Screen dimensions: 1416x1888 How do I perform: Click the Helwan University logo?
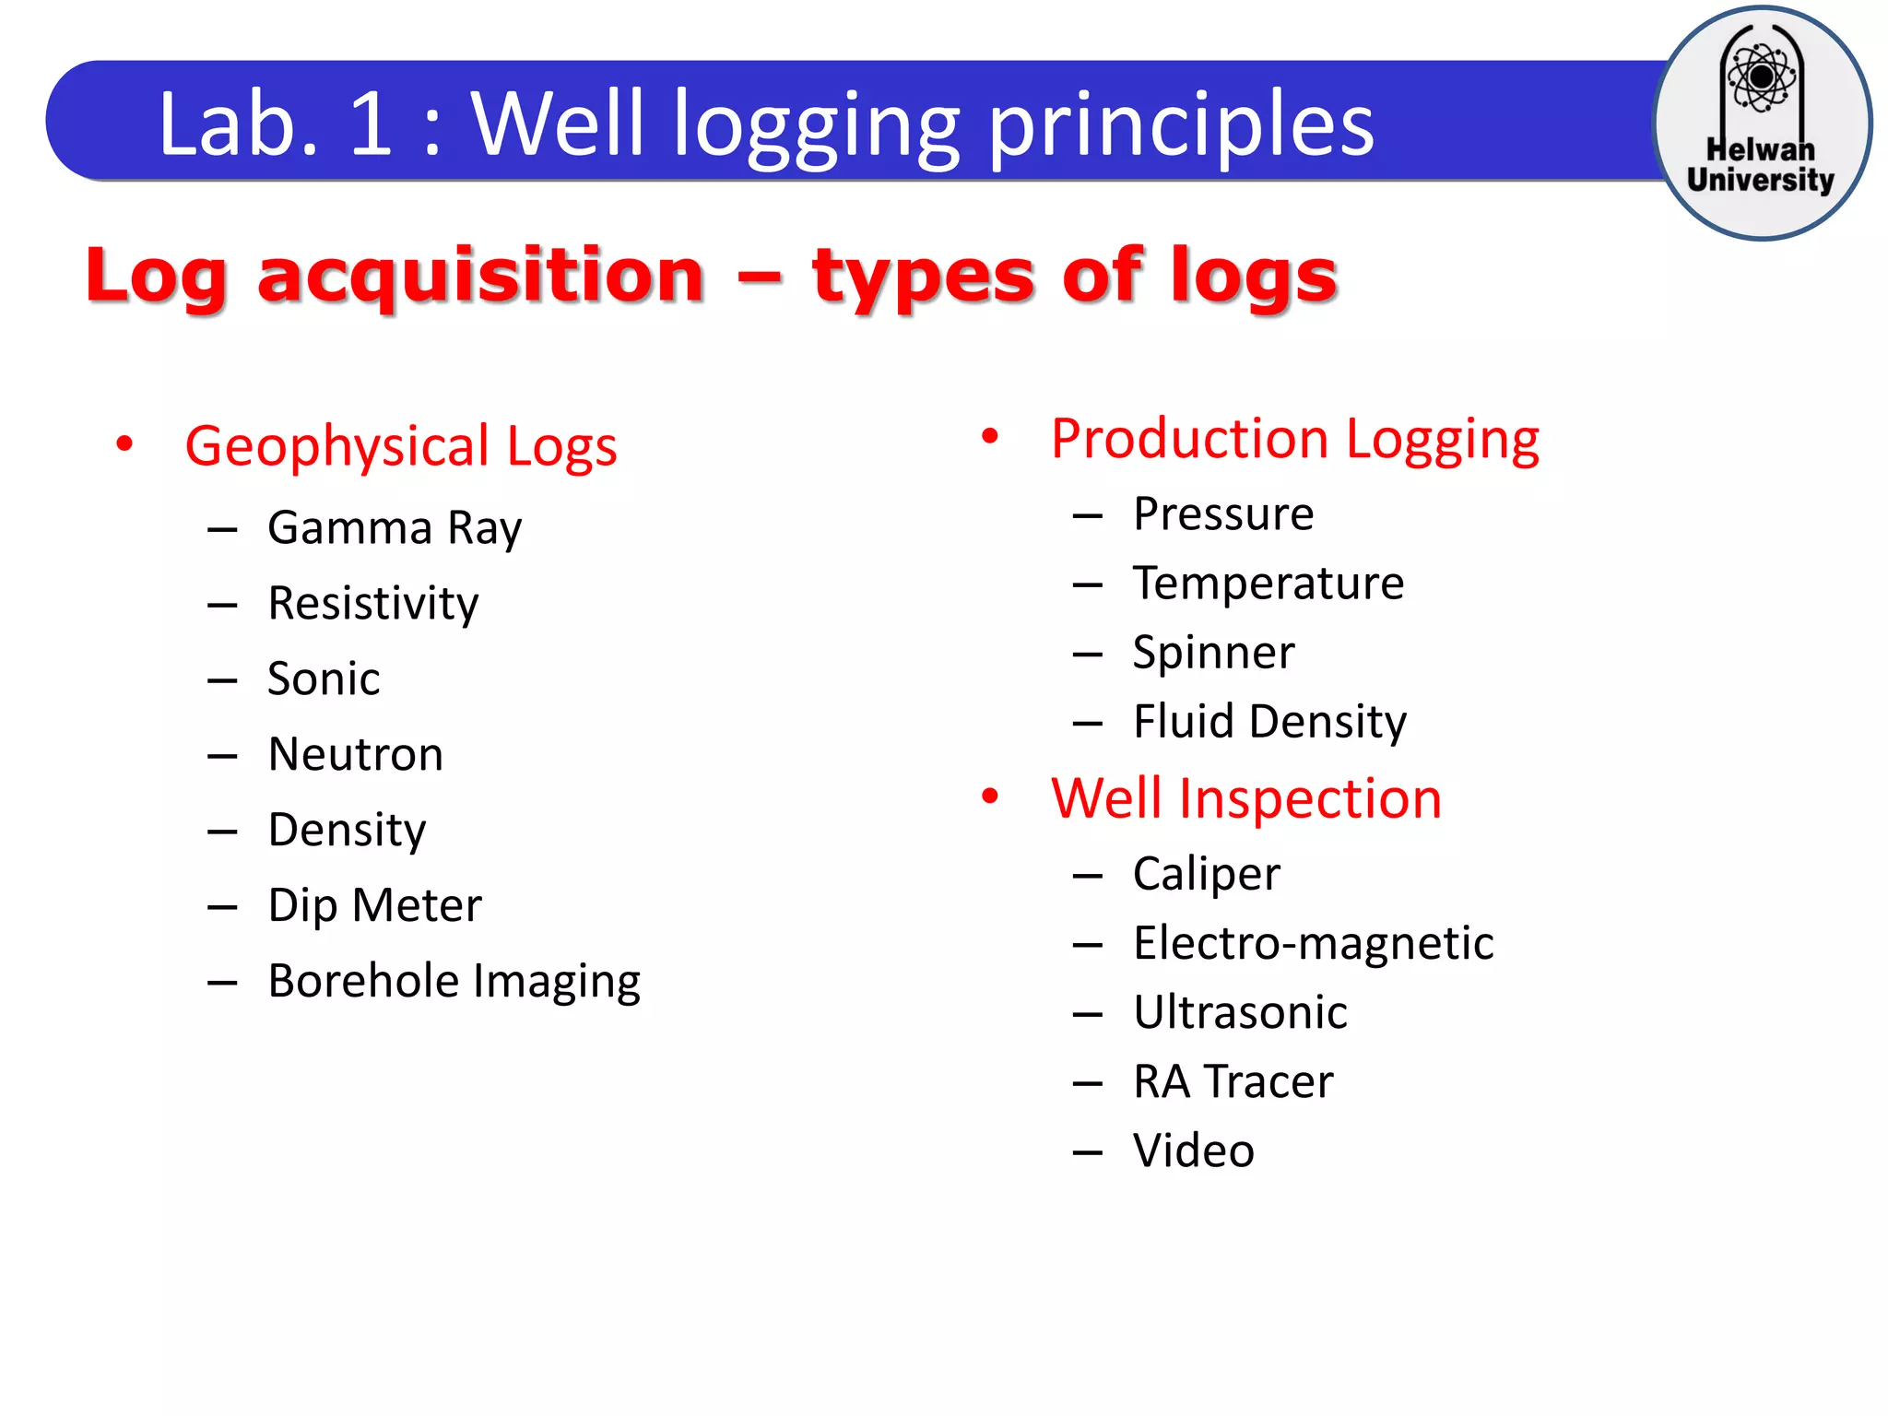(1762, 123)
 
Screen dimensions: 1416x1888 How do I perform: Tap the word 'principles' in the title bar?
(1181, 124)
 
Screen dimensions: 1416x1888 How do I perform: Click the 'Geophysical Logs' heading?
(400, 446)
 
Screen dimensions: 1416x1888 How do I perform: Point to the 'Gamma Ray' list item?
(395, 528)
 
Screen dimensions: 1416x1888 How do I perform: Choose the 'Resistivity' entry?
(372, 604)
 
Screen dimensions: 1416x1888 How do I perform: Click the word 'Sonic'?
(324, 679)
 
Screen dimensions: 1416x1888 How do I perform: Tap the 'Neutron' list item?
(355, 754)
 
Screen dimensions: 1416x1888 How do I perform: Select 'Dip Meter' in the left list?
(374, 905)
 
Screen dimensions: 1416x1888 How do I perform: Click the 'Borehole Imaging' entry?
(454, 981)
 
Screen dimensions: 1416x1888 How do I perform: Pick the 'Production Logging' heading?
(1294, 439)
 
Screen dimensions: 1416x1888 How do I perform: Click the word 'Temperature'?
(1268, 584)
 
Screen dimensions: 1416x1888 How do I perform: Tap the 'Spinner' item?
(1213, 653)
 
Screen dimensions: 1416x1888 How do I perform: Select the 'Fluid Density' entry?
(1269, 722)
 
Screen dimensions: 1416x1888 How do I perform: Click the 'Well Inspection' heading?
(1245, 798)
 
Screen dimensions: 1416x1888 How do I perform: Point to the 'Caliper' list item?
(1206, 874)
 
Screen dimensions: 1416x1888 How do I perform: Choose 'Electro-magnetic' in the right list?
(1313, 943)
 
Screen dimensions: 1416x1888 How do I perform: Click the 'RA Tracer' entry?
(1233, 1081)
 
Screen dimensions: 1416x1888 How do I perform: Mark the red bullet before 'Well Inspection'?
(990, 796)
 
